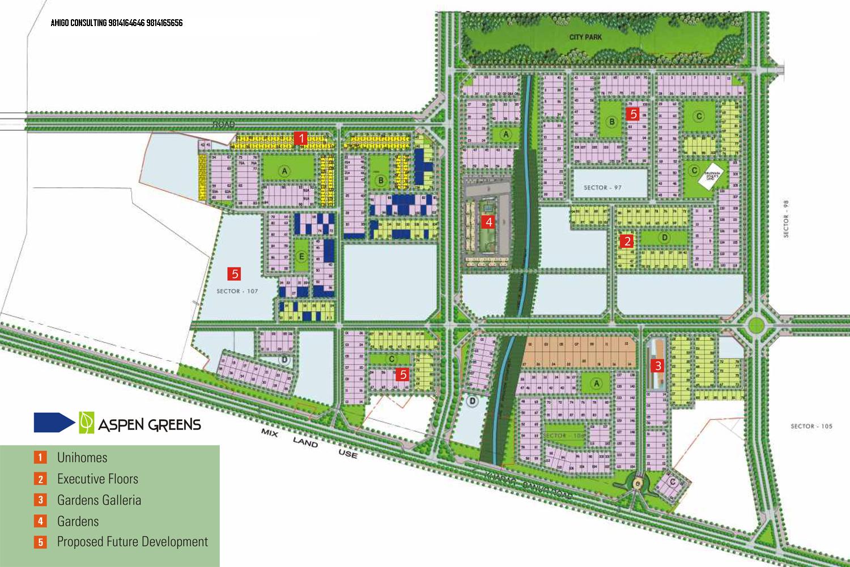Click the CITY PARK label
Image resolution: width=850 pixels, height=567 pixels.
point(585,37)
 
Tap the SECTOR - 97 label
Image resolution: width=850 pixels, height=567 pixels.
point(602,187)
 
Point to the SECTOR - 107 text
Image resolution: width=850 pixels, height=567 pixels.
point(237,291)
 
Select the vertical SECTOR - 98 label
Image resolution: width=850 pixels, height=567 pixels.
point(786,219)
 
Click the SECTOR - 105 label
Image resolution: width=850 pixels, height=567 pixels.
point(811,426)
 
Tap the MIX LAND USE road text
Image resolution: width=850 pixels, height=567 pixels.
point(309,443)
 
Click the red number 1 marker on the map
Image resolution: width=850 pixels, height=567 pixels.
point(301,138)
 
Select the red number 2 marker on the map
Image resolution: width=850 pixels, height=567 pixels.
point(627,241)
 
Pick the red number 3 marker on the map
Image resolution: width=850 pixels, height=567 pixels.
point(657,366)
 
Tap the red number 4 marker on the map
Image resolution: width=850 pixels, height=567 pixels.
point(488,222)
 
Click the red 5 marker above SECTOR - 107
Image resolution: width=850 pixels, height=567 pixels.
point(234,274)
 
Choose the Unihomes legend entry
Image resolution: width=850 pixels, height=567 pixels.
point(82,458)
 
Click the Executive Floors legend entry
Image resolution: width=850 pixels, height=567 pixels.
point(97,479)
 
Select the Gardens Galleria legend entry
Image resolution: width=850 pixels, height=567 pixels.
point(99,500)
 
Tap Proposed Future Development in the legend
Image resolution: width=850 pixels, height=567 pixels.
point(133,542)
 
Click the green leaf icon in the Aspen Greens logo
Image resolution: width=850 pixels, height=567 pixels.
point(87,423)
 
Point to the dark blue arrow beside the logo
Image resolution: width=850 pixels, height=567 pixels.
point(54,423)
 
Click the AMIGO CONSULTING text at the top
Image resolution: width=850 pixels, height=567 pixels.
point(117,23)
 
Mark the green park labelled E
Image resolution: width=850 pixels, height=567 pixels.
point(301,257)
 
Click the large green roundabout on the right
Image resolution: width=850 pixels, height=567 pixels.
point(755,325)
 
